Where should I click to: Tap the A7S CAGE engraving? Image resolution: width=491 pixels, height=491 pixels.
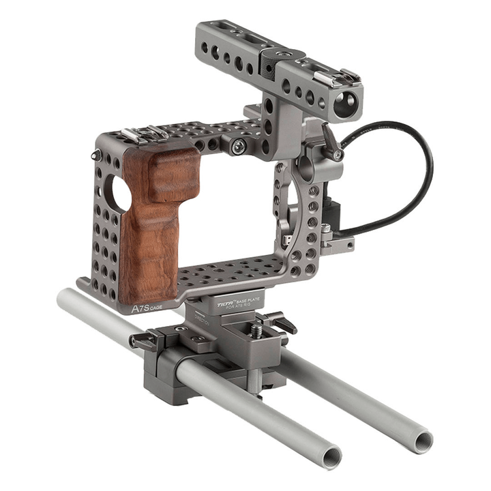147,308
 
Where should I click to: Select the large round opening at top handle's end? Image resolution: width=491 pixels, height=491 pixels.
346,102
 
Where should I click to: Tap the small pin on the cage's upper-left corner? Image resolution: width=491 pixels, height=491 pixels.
95,155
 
